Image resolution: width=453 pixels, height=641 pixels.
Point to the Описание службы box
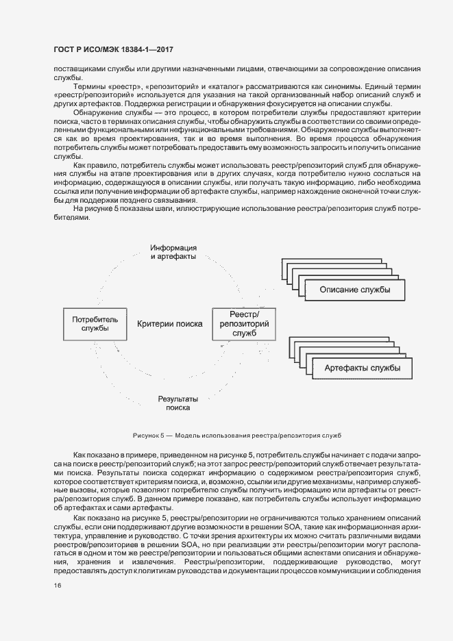pos(355,290)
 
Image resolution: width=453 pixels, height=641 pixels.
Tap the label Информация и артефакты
pos(173,251)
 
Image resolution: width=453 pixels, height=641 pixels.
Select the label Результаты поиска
pos(177,403)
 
